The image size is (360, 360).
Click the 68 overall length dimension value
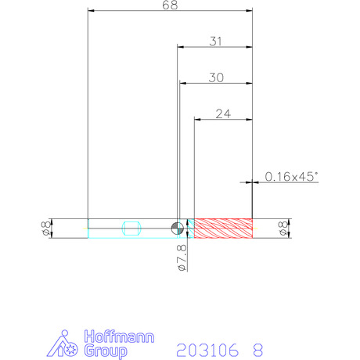[170, 5]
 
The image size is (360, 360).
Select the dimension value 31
[215, 41]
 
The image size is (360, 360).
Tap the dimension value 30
[216, 77]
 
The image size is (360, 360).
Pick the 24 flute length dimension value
[223, 114]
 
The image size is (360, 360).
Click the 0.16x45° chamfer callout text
[291, 177]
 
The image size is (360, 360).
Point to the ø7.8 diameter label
[182, 257]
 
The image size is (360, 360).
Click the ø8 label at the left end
[45, 229]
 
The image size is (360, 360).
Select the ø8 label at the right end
[283, 229]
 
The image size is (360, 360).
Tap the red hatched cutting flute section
[223, 229]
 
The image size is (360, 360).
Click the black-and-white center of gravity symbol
[178, 229]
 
